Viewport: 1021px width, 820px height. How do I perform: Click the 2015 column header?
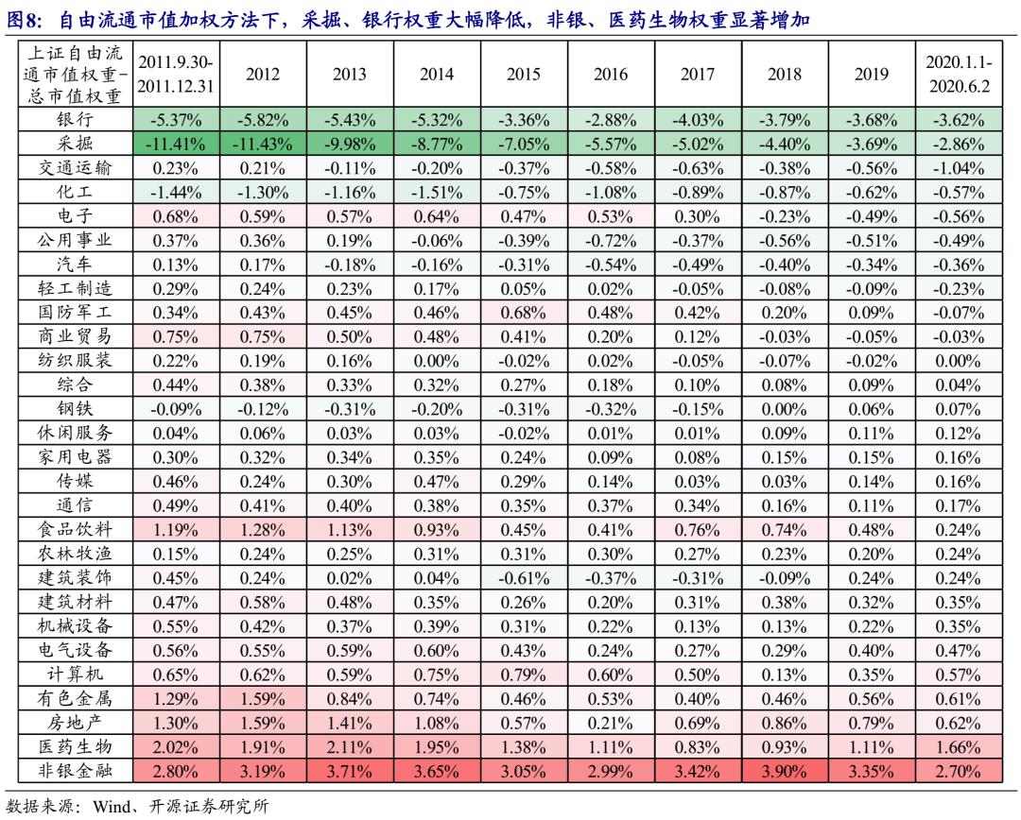tap(523, 75)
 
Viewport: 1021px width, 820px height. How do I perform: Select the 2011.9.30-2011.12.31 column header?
tap(175, 75)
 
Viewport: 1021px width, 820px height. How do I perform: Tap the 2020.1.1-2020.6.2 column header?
tap(959, 75)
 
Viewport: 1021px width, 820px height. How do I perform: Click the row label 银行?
tap(74, 120)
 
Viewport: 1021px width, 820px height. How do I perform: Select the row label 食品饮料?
tap(74, 530)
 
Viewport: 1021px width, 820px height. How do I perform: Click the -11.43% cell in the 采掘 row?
tap(262, 145)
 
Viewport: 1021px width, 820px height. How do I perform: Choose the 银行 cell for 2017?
tap(697, 120)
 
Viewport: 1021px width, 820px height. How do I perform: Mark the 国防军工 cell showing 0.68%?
tap(523, 312)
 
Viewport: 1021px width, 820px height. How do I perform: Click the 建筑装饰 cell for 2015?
tap(523, 578)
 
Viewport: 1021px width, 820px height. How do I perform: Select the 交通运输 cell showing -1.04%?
tap(959, 168)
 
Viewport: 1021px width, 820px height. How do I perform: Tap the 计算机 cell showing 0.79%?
tap(523, 675)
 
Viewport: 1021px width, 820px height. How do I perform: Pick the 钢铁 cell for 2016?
tap(610, 409)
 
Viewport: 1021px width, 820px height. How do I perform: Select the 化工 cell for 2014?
tap(436, 192)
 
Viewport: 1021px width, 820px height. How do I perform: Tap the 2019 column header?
tap(871, 75)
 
